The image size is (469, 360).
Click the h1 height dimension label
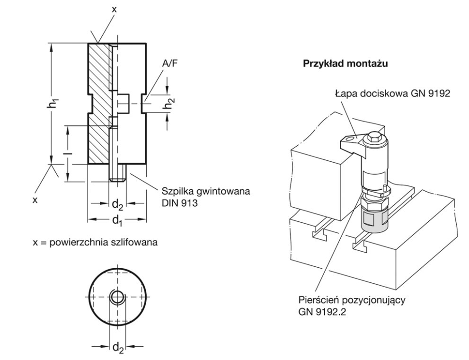point(53,104)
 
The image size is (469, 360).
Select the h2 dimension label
point(169,104)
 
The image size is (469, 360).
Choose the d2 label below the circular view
point(117,348)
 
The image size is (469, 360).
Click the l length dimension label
point(69,153)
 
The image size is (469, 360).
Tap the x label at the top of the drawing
point(114,9)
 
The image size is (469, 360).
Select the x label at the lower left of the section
point(35,200)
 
